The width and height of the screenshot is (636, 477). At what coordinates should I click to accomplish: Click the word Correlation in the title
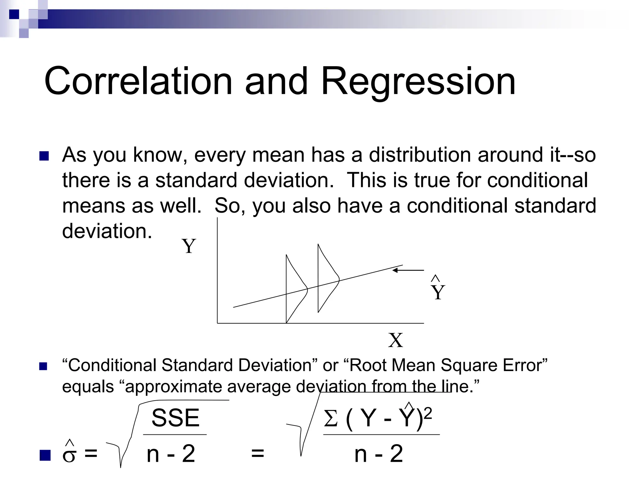(138, 81)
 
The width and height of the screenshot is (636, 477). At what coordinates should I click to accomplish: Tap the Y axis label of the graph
(189, 246)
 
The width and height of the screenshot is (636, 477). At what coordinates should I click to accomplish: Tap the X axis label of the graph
(395, 340)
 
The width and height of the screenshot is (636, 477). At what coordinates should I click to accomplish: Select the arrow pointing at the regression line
(408, 270)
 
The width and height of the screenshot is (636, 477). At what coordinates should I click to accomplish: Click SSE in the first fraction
(175, 418)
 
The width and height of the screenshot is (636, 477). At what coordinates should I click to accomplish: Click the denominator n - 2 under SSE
(171, 454)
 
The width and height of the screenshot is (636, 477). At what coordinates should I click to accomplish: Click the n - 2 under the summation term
(379, 454)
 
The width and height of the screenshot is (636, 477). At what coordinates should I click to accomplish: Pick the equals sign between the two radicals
(257, 453)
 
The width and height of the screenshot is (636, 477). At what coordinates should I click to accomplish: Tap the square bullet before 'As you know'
(44, 156)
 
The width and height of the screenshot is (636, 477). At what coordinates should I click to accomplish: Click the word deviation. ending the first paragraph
(107, 231)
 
